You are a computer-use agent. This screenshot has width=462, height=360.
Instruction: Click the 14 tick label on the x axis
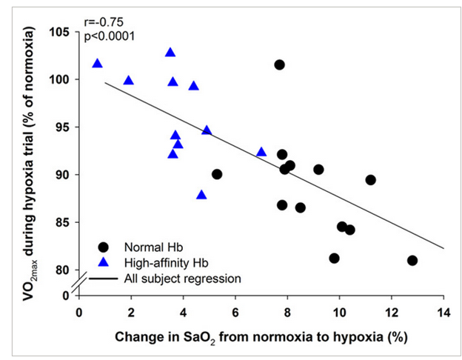pyautogui.click(x=443, y=311)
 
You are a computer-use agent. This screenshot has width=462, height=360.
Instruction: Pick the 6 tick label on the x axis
pyautogui.click(x=235, y=311)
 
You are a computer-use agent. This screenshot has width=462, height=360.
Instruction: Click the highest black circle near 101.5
pyautogui.click(x=279, y=64)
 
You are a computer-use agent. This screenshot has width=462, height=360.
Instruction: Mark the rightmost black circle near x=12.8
pyautogui.click(x=412, y=260)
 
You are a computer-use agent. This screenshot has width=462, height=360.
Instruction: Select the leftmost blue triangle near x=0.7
pyautogui.click(x=98, y=64)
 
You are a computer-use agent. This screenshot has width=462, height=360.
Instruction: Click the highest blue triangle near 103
pyautogui.click(x=170, y=53)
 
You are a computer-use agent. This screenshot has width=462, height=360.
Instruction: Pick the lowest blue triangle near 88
pyautogui.click(x=201, y=195)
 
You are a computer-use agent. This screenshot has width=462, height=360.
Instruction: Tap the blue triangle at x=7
pyautogui.click(x=261, y=152)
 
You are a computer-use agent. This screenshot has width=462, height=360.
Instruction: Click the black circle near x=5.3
pyautogui.click(x=217, y=174)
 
